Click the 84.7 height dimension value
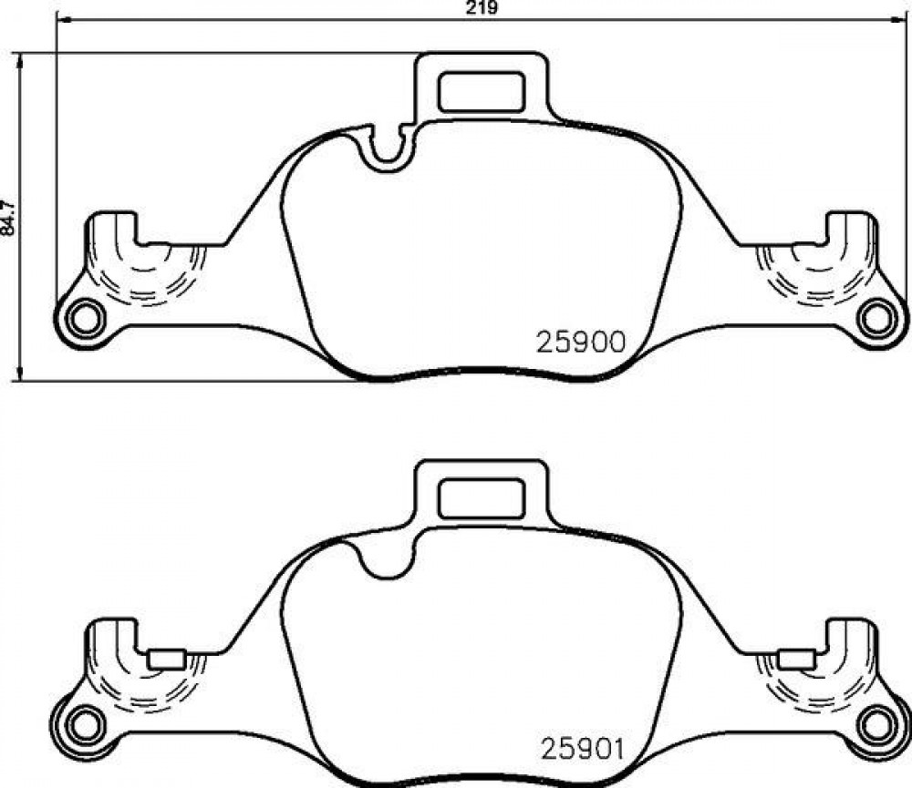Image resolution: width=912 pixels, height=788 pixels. coord(9,218)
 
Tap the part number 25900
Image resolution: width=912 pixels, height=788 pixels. coord(580,343)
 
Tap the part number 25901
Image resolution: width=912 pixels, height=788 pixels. coord(582,749)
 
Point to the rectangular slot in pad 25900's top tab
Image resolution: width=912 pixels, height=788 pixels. coord(481,92)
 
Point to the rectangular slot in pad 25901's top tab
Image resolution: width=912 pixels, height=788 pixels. coord(481,498)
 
